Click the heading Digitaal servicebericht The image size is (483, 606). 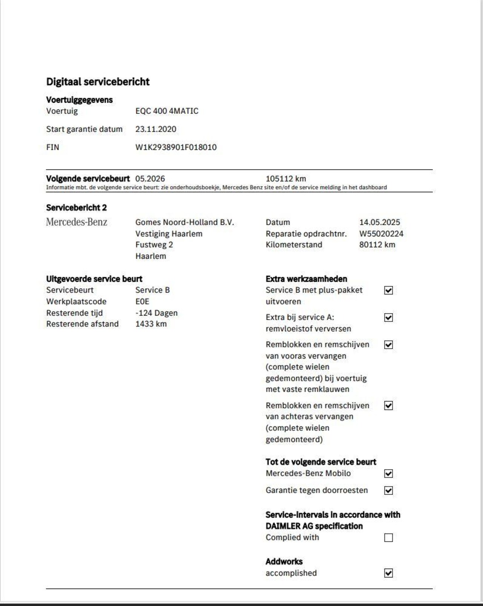click(x=98, y=82)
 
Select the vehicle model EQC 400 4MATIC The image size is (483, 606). click(x=167, y=111)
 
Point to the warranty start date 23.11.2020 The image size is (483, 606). click(x=156, y=129)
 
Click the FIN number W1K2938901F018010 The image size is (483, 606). click(x=176, y=147)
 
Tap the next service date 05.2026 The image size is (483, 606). click(x=150, y=179)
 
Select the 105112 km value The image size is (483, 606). click(x=286, y=179)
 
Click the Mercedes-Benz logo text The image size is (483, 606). click(x=77, y=222)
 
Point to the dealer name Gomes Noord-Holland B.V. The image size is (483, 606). click(x=185, y=222)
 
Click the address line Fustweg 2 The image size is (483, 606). click(x=154, y=245)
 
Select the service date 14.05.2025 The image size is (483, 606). click(x=380, y=222)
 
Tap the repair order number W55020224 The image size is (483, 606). click(x=381, y=234)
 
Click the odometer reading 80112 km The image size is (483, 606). click(x=377, y=245)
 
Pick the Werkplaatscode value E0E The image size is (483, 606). click(x=142, y=301)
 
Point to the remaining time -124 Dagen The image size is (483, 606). click(x=156, y=313)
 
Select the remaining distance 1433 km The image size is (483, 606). click(x=151, y=324)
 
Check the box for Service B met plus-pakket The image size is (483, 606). click(x=388, y=290)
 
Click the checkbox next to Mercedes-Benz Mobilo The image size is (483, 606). click(x=388, y=474)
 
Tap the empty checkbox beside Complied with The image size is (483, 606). click(x=388, y=538)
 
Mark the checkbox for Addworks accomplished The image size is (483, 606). click(x=388, y=573)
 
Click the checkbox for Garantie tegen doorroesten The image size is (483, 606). click(x=388, y=491)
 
